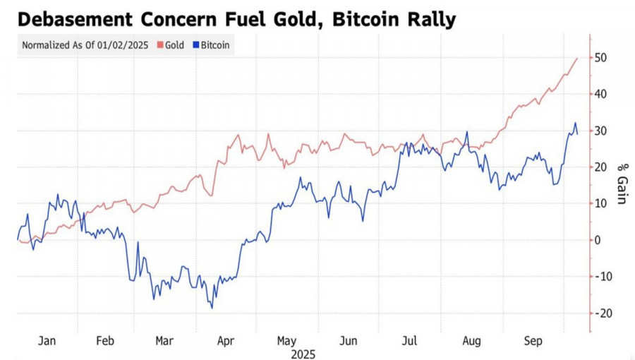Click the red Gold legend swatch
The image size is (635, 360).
click(160, 45)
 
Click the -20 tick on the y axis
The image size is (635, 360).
click(602, 313)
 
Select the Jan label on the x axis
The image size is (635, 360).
click(47, 341)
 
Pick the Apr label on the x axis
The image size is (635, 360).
click(226, 341)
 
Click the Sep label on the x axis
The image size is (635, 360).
click(533, 341)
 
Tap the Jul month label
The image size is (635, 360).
click(409, 341)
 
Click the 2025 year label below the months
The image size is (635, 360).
click(303, 354)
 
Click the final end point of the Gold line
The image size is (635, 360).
click(577, 58)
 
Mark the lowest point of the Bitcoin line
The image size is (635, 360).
click(212, 308)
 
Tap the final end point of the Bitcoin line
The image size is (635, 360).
click(578, 134)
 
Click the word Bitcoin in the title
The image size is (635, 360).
click(350, 19)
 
